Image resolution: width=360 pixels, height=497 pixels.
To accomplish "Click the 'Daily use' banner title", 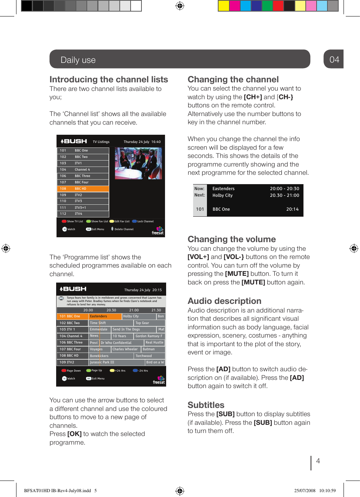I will (x=78, y=60).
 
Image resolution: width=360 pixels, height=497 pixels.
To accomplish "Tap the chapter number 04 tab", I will (x=334, y=60).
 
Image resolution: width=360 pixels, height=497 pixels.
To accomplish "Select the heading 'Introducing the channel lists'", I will (x=109, y=79).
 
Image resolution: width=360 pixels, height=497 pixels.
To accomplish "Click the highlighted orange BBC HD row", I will (x=83, y=189).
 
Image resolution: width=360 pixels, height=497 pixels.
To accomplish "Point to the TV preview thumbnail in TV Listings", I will (x=138, y=163).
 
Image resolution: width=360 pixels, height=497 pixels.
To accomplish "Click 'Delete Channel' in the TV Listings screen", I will (x=123, y=229).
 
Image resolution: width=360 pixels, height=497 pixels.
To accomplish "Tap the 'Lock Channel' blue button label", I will (x=145, y=221).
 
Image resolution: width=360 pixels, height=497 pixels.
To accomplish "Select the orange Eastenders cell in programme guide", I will (x=105, y=316).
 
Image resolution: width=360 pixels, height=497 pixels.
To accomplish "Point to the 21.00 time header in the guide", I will (x=134, y=310).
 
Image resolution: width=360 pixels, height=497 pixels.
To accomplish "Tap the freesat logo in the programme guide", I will (x=159, y=380).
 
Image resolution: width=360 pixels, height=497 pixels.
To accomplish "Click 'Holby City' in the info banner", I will (x=222, y=195).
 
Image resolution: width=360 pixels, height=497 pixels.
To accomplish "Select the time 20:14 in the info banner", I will (x=292, y=209).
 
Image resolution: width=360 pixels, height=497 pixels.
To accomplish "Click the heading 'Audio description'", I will (x=224, y=301).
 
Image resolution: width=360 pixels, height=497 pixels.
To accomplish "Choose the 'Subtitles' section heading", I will (x=206, y=405).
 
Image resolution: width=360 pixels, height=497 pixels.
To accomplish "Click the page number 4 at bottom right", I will (x=318, y=461).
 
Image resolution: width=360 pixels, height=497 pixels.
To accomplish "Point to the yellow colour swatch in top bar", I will (x=223, y=6).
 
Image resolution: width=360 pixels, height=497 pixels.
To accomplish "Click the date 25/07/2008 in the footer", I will (x=305, y=490).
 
